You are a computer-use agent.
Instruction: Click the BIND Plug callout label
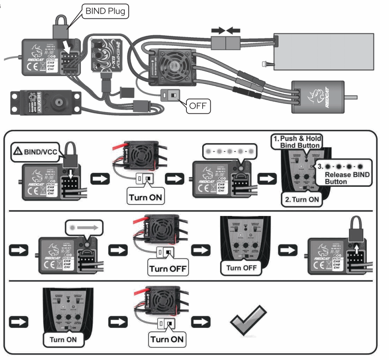coord(106,12)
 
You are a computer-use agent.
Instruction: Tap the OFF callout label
coord(197,105)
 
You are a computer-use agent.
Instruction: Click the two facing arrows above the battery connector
coord(226,31)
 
